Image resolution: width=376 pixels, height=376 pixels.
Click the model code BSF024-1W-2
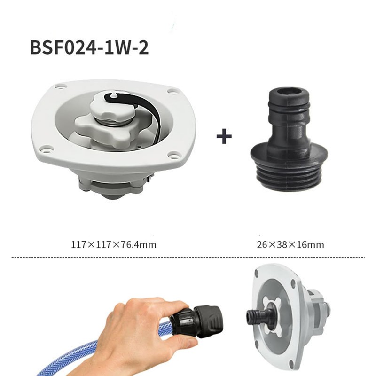[x=89, y=47]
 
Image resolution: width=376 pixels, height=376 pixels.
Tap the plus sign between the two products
[x=224, y=137]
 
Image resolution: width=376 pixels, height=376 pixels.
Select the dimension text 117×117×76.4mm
[x=114, y=244]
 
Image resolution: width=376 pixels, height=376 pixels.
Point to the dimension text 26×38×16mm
[x=290, y=244]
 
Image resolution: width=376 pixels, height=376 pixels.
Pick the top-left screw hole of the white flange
[x=59, y=87]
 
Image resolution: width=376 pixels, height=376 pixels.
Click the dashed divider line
[x=188, y=257]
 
